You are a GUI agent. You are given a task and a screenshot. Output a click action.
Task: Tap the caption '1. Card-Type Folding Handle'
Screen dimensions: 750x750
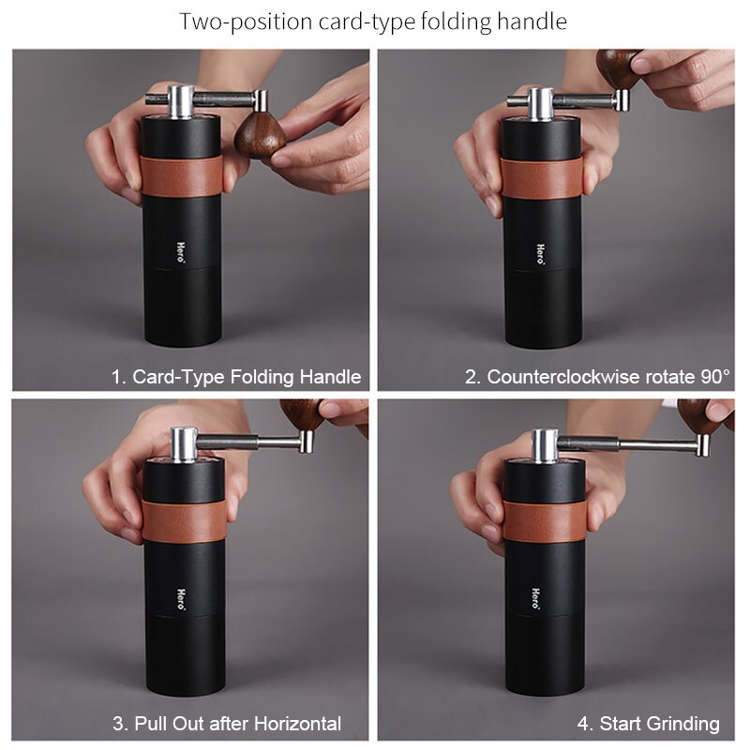[236, 377]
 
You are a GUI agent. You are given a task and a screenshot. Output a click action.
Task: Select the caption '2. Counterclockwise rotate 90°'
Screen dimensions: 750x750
[598, 377]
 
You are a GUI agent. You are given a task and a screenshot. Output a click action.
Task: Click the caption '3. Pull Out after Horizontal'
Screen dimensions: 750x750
[227, 724]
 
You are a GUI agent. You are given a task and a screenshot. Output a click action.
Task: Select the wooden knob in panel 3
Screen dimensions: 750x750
[301, 413]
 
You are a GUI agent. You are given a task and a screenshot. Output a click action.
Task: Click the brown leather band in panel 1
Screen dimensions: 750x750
[183, 176]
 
